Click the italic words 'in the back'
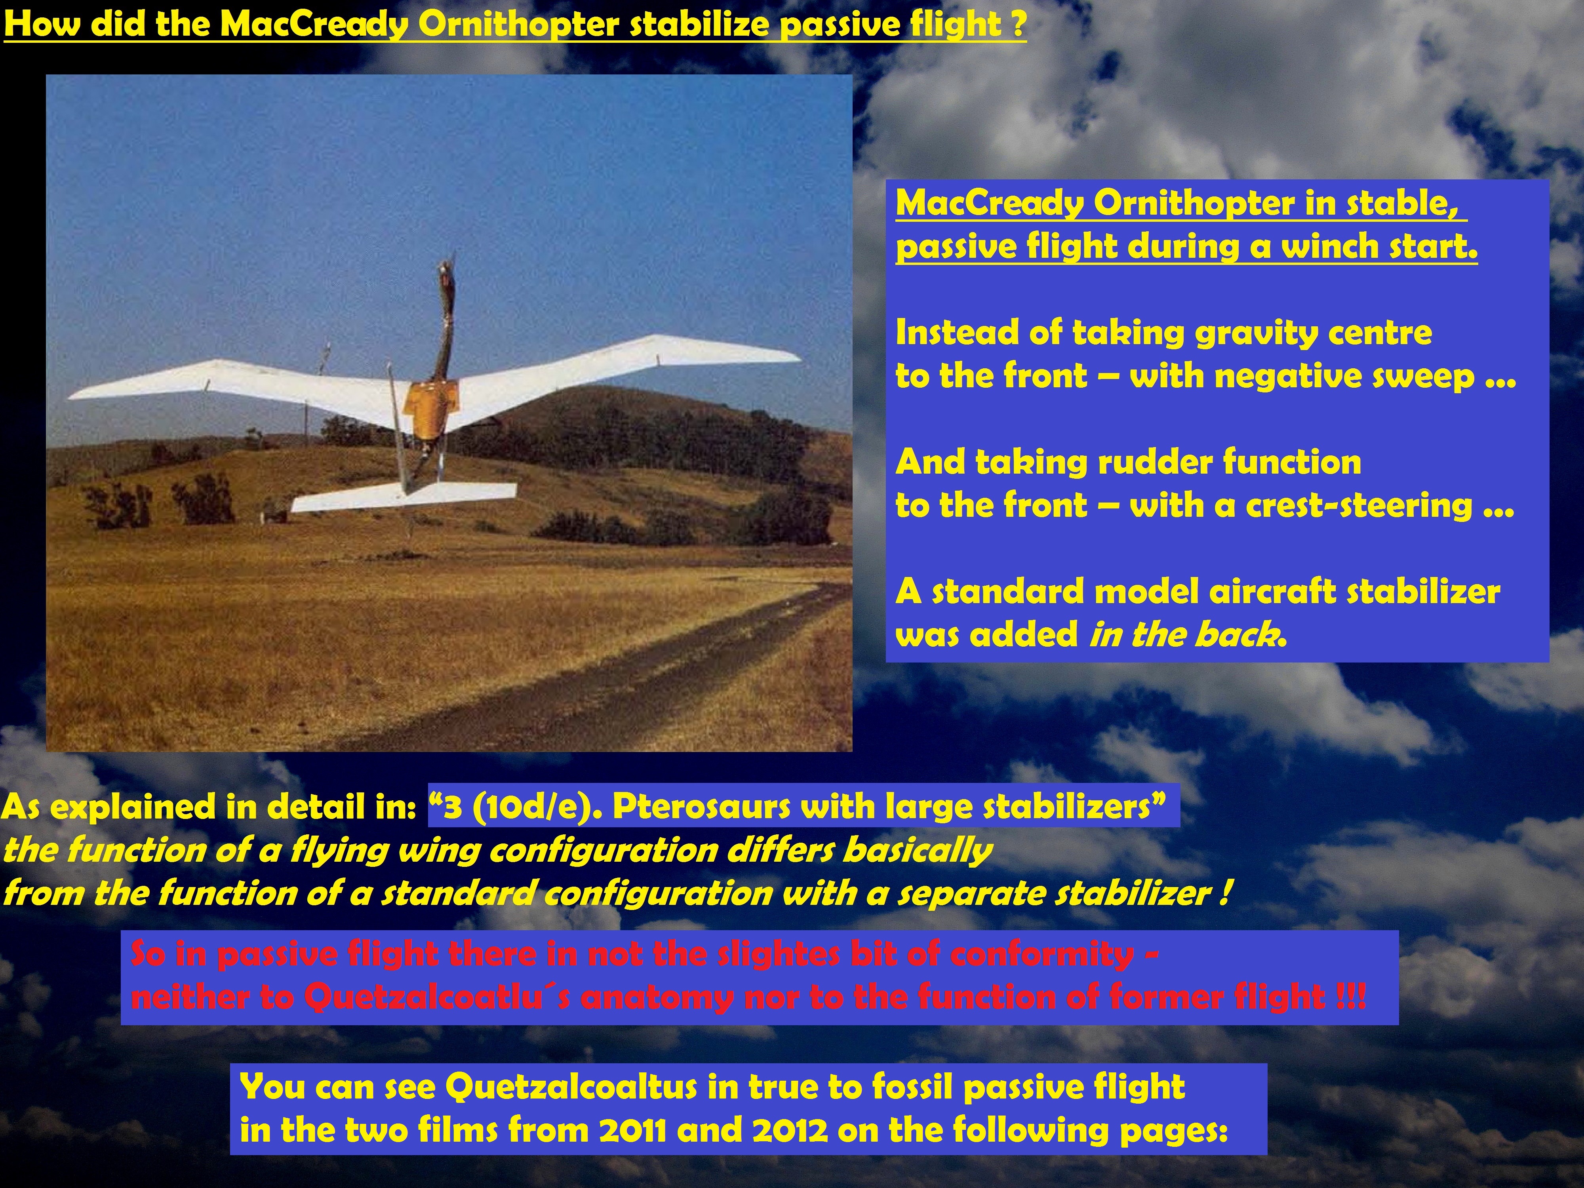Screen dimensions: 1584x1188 (x=1185, y=634)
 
